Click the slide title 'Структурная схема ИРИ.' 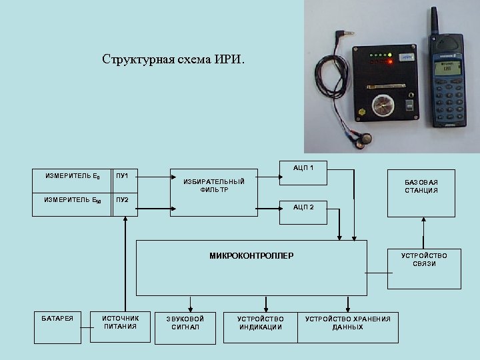(x=173, y=59)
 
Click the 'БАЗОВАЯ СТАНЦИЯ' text (x=421, y=186)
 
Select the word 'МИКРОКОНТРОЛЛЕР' (x=251, y=255)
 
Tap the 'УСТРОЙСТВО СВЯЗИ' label (x=423, y=259)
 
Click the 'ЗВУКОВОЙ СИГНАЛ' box (x=185, y=323)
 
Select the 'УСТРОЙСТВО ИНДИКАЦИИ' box (x=260, y=323)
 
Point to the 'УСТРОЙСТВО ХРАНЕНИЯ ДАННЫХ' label (x=347, y=323)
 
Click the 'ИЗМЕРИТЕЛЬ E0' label (x=73, y=177)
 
